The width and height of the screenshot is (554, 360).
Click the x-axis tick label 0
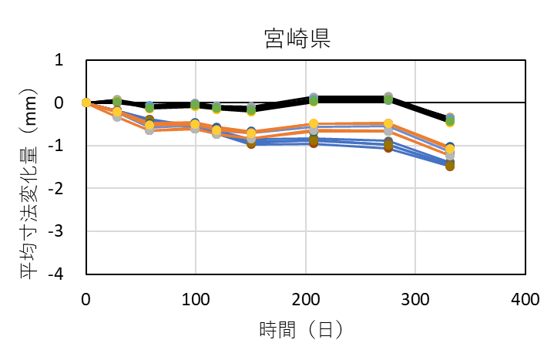point(86,298)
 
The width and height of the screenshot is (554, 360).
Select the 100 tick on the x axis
point(196,298)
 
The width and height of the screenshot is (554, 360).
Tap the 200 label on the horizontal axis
point(306,298)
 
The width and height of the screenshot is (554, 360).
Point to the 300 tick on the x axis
point(415,298)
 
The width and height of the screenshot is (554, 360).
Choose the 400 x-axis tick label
point(525,298)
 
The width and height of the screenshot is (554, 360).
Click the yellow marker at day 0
point(86,103)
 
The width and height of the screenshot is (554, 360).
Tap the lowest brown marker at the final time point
point(449,166)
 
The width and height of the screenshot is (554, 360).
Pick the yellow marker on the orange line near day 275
point(388,123)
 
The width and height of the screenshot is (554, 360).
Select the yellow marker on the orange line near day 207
point(314,124)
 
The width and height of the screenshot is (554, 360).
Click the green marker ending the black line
point(449,121)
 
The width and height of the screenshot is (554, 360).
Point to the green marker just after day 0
point(117,100)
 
